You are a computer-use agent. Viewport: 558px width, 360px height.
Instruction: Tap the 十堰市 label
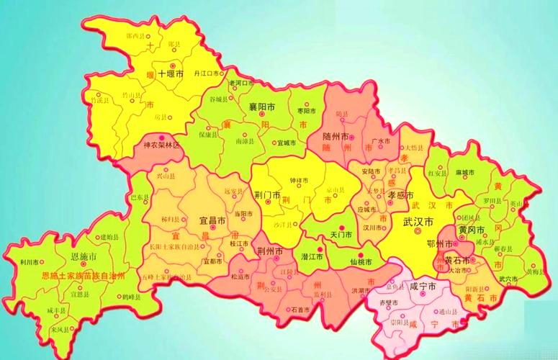(x=171, y=74)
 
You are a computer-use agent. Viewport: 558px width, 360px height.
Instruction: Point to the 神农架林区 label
(x=162, y=145)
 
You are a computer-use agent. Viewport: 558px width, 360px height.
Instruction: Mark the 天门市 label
(x=340, y=235)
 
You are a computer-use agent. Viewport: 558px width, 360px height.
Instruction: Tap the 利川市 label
(x=30, y=263)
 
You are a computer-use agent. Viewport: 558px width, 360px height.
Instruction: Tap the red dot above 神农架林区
(x=162, y=136)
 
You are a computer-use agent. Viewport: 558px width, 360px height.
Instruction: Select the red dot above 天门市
(x=341, y=228)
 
